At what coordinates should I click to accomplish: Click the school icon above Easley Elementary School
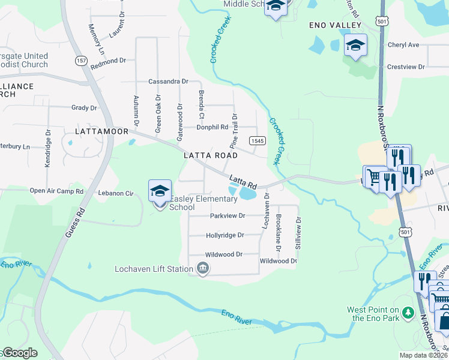[x=160, y=191]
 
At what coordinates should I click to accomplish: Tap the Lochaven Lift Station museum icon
[x=203, y=268]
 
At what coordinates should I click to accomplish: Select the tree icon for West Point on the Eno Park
[x=408, y=313]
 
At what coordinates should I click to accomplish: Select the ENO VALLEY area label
[x=335, y=25]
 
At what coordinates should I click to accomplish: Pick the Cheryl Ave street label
[x=403, y=45]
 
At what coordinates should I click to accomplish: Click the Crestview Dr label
[x=406, y=67]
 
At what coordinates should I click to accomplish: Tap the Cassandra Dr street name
[x=168, y=81]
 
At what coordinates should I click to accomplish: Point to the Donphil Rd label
[x=212, y=127]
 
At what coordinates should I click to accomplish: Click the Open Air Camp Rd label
[x=56, y=191]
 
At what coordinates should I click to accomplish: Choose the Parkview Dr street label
[x=228, y=215]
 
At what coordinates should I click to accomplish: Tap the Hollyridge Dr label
[x=224, y=235]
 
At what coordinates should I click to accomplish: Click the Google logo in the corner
[x=19, y=353]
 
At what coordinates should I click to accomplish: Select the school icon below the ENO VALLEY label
[x=355, y=45]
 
